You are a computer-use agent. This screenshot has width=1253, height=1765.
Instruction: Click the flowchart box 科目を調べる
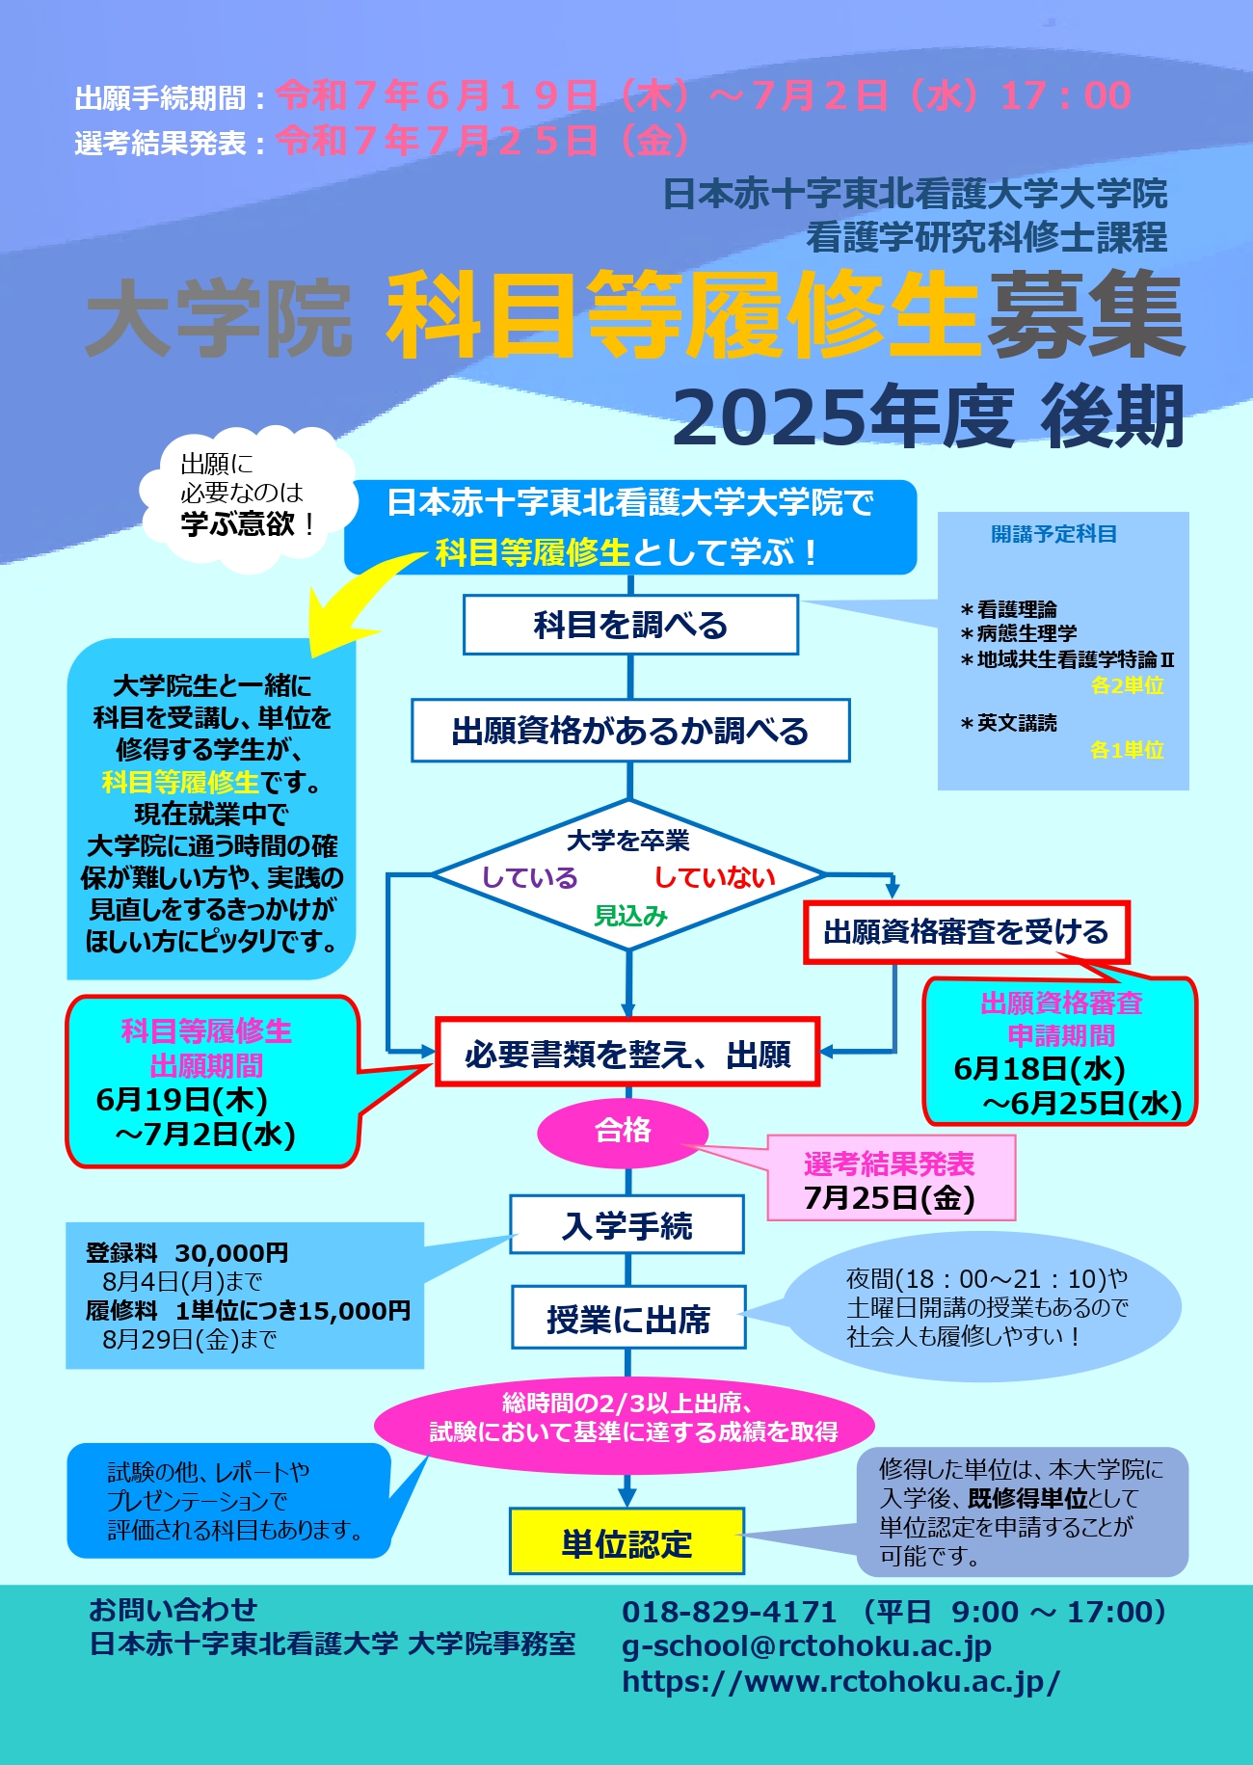tap(630, 625)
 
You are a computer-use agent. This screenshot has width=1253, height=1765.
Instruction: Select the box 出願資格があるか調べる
tap(630, 731)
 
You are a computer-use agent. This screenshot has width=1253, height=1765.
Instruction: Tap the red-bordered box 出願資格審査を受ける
tap(966, 932)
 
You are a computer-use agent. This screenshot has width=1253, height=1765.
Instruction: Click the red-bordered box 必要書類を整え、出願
tap(627, 1053)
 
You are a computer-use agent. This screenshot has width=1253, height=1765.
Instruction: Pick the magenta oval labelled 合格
tap(623, 1130)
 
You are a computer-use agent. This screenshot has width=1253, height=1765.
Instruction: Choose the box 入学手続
tap(626, 1225)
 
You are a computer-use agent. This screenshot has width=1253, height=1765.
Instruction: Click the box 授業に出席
tap(628, 1318)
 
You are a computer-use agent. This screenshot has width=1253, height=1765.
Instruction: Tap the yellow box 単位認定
tap(626, 1541)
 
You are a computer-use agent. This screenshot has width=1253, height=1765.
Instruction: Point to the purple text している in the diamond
tap(529, 877)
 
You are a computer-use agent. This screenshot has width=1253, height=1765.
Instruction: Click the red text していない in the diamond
tap(714, 877)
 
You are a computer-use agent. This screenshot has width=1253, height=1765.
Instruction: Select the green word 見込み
tap(630, 916)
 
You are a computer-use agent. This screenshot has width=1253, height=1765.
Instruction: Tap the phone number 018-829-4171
tap(729, 1612)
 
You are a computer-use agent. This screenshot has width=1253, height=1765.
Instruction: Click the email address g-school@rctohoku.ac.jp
tap(807, 1646)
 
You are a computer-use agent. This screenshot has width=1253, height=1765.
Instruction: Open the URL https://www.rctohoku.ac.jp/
tap(840, 1682)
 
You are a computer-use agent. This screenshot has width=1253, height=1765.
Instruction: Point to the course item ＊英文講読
tap(1008, 723)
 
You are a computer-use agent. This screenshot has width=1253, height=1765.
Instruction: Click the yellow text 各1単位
tap(1127, 750)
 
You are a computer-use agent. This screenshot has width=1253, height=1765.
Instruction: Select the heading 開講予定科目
tap(1054, 534)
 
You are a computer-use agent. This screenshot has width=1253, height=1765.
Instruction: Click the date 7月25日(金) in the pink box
tap(890, 1198)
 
